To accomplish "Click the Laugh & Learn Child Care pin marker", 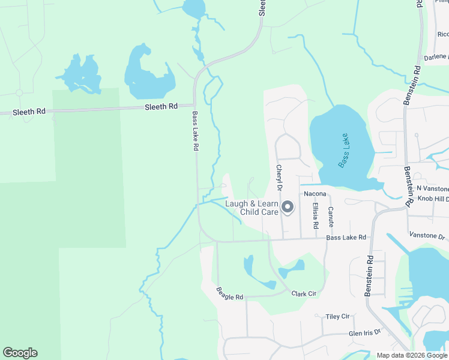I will coord(288,208).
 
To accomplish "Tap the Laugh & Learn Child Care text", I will coord(252,208).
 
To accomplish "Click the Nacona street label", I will coord(315,194).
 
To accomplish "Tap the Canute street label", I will coord(331,217).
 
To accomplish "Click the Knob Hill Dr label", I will coord(433,198).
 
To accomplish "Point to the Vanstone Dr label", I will coord(427,235).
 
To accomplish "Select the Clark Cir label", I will coord(304,294).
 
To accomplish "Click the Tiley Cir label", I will coord(337,316).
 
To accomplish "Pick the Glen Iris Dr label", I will coord(365,332).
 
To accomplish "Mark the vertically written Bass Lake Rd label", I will coord(195,130).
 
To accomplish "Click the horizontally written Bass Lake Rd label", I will coord(346,238).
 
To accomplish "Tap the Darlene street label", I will coord(436,57).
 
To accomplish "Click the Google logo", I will coord(20,353).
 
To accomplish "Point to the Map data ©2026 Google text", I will coord(412,355).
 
